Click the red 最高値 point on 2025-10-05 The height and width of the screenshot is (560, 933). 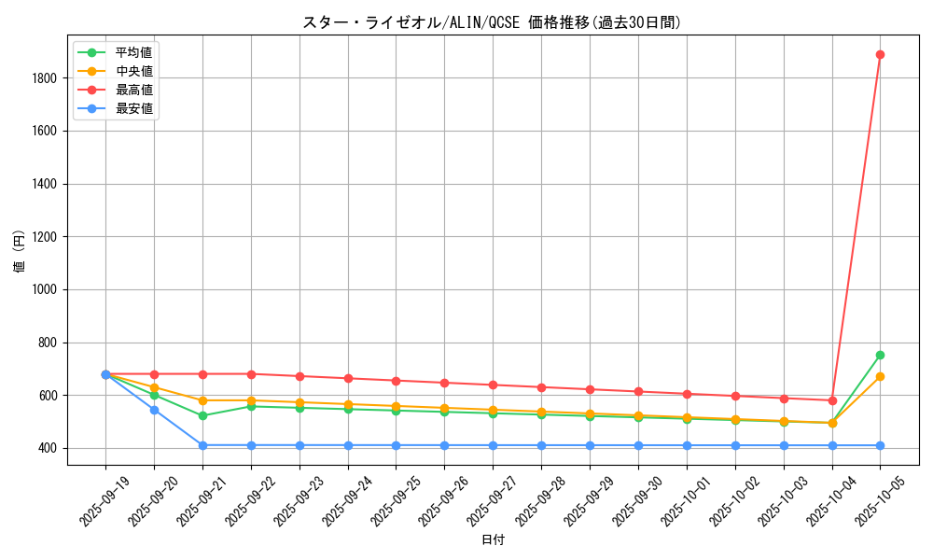pos(880,54)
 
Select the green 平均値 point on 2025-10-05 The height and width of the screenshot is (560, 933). pos(880,355)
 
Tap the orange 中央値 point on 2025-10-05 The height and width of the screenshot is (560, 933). pos(880,376)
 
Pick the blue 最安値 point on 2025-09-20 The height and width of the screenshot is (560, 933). pos(154,410)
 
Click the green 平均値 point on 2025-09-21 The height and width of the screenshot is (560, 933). pos(202,415)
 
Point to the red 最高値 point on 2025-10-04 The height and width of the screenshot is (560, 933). pos(832,400)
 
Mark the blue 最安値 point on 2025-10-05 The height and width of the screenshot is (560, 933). pos(880,445)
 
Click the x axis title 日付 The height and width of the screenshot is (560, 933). pos(493,540)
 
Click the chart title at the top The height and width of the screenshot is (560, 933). pos(493,22)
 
